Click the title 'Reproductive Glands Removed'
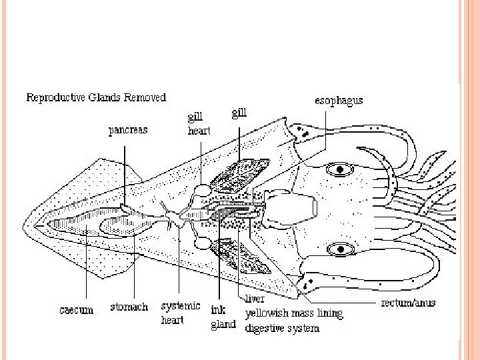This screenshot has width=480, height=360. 96,97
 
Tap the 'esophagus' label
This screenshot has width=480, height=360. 339,101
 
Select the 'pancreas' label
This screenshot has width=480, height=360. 128,131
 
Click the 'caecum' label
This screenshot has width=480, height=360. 75,309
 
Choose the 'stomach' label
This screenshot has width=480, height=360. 129,307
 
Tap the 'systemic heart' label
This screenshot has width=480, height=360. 181,311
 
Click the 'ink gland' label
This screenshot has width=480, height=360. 223,317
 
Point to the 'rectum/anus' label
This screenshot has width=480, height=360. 407,303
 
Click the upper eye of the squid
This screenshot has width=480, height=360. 341,169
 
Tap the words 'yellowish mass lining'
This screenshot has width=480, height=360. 293,313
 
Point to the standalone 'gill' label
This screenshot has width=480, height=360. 239,113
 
